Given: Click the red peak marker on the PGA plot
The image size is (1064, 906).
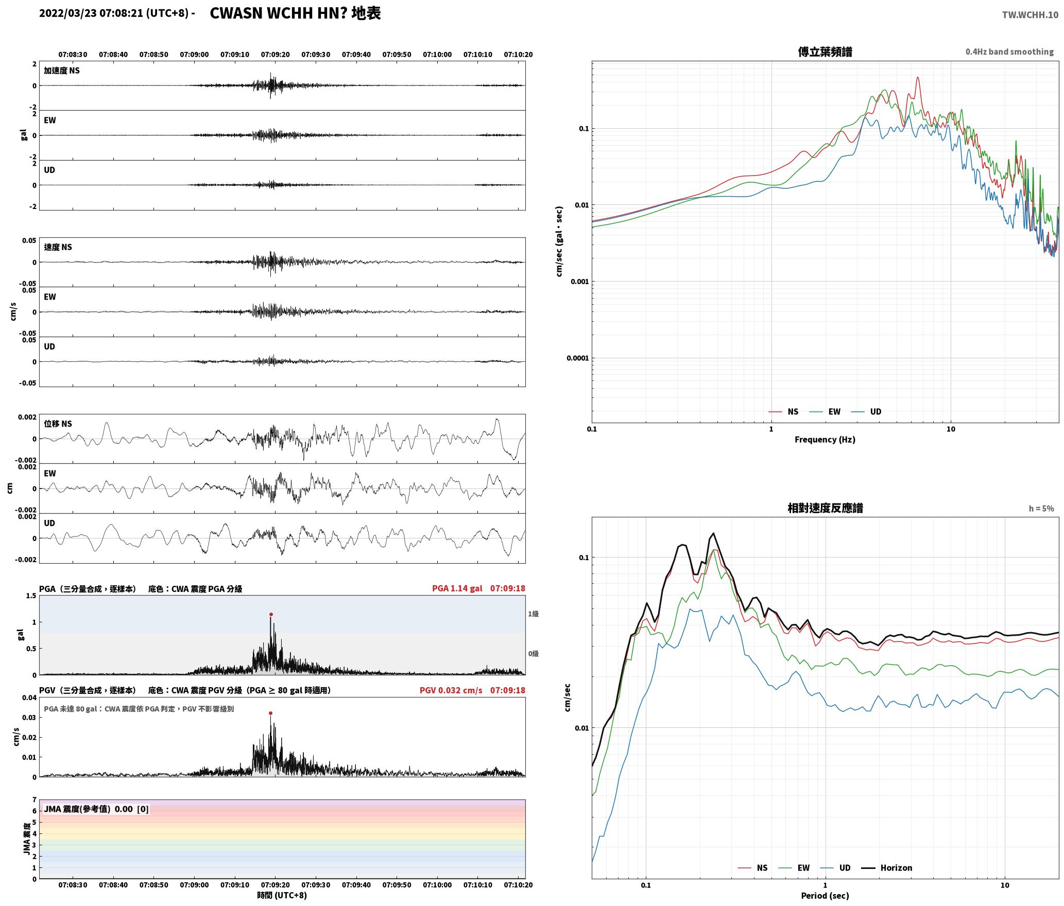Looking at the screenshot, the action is [x=271, y=614].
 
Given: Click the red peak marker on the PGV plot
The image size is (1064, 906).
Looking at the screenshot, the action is [x=270, y=713].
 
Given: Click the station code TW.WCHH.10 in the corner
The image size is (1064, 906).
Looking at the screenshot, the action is [x=1030, y=14].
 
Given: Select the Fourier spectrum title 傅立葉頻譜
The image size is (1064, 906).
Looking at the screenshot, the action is [x=825, y=51].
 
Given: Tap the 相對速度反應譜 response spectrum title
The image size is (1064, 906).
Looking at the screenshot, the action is [x=825, y=508].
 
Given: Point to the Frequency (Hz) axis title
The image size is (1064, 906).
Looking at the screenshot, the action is [x=825, y=439].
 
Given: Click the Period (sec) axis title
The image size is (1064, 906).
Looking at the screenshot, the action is [x=825, y=895].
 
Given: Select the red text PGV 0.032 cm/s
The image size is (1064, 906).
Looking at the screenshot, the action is [x=451, y=690].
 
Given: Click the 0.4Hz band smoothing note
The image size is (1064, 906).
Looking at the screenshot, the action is [x=1009, y=51].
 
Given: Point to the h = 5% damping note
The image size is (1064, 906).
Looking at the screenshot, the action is [x=1041, y=508].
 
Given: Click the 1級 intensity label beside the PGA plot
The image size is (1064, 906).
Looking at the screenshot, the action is [x=533, y=614].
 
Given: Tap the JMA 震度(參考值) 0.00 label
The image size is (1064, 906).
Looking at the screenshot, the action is [x=88, y=809].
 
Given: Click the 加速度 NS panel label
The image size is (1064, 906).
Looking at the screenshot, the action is [x=62, y=71].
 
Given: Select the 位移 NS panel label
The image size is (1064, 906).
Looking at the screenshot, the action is [x=58, y=424].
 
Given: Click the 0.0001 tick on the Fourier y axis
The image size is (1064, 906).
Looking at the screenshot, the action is [x=577, y=358].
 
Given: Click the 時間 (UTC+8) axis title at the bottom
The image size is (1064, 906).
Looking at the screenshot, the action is [x=282, y=895].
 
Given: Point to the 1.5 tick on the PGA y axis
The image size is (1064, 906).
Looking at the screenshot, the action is [x=31, y=596].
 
